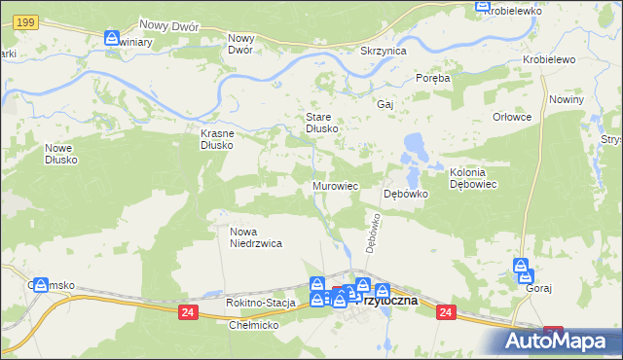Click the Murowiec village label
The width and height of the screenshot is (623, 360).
pos(336,185)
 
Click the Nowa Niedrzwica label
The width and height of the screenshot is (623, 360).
pos(255,237)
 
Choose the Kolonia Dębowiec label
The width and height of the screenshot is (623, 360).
pos(474,177)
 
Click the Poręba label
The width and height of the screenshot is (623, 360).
pos(433,78)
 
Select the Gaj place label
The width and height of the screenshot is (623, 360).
pos(384,103)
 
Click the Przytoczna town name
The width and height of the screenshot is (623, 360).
pos(388,301)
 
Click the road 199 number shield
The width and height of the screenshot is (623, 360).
pos(26,21)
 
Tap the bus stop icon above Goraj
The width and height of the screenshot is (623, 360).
pos(522,266)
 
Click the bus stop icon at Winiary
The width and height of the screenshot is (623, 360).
pos(112,38)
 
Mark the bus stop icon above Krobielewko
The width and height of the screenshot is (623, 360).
pos(482,6)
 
